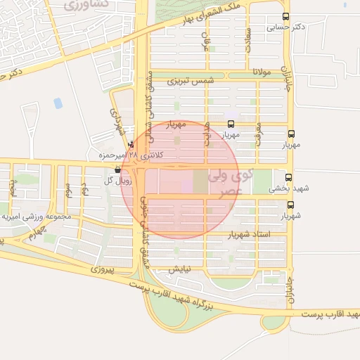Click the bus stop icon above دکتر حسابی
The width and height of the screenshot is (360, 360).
coord(285,17)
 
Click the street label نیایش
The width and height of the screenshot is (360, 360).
coord(179,269)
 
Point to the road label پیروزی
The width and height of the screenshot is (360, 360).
coord(103,269)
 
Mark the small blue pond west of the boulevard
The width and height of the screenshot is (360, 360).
coord(58,103)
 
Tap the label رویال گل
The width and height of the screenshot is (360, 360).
coord(98,180)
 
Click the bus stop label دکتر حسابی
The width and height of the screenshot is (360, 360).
coord(285,28)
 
